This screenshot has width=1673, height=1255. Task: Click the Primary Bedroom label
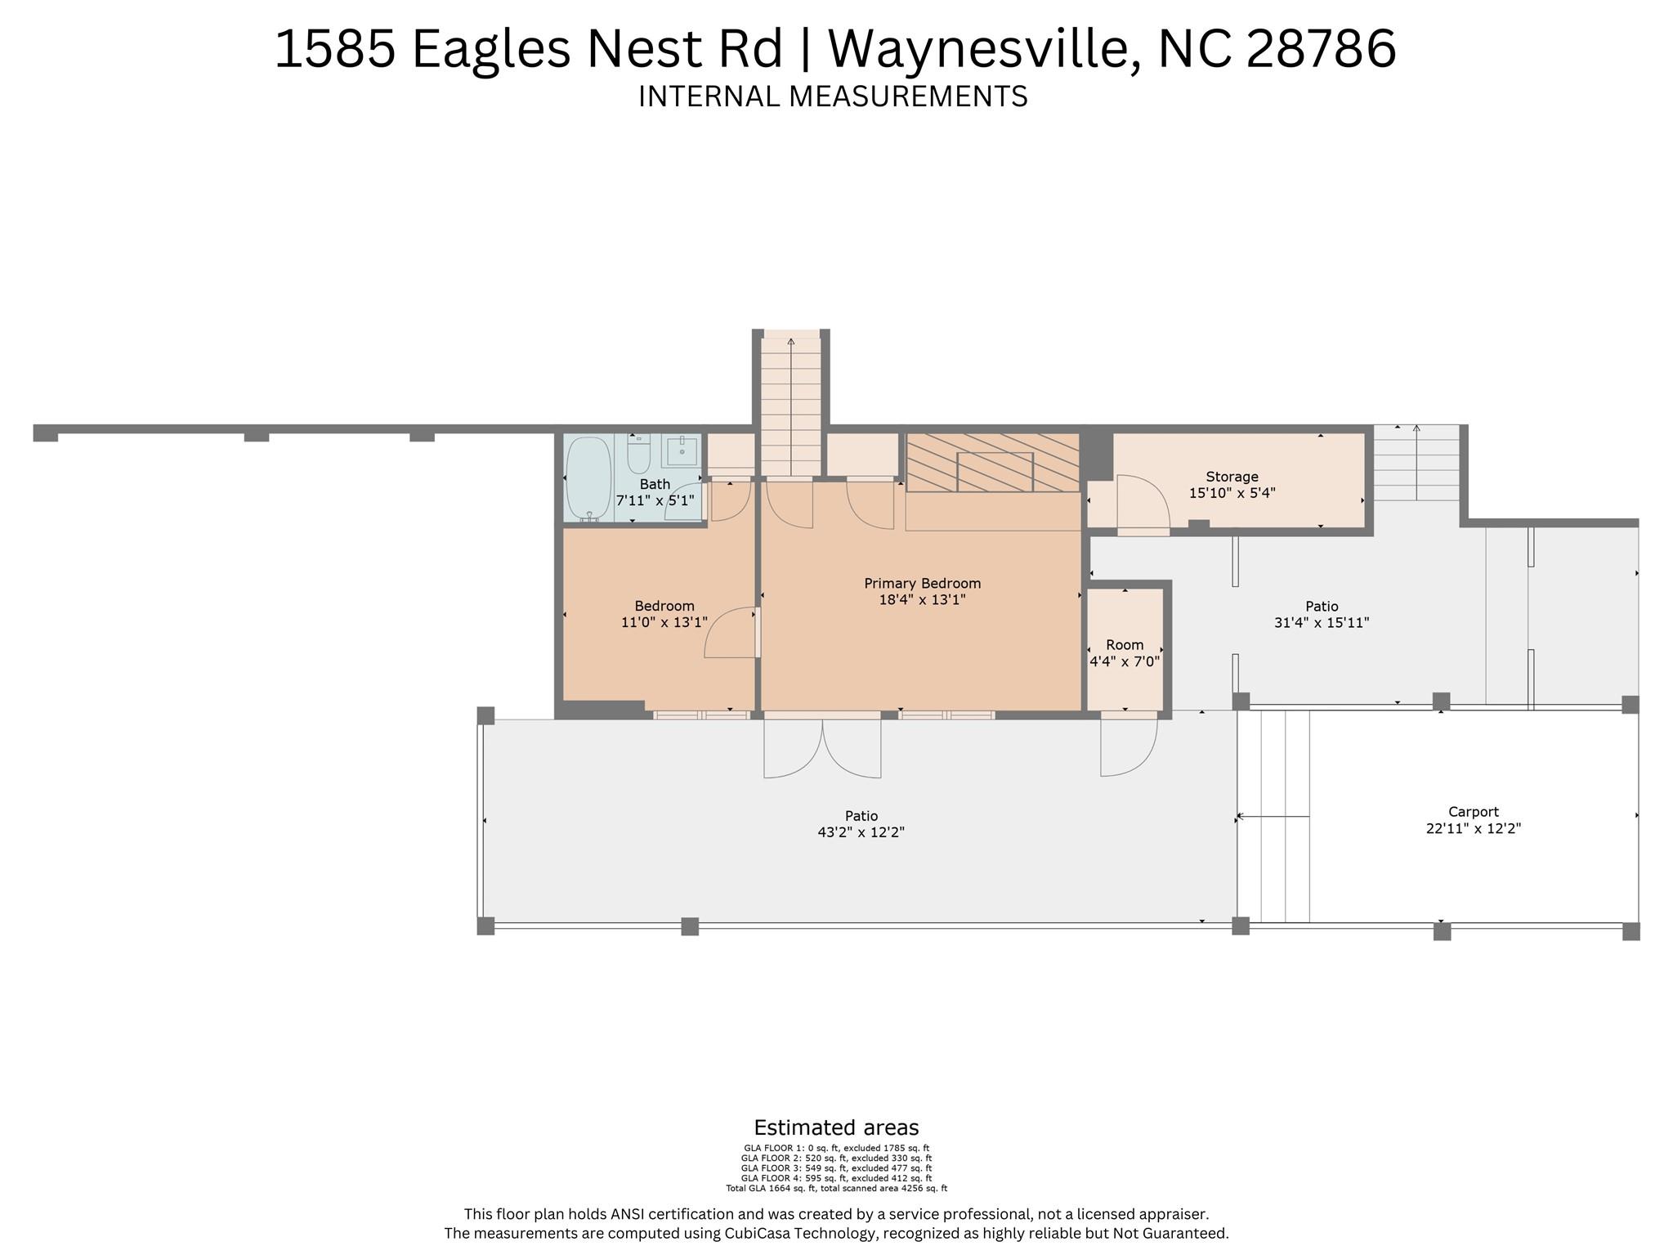pyautogui.click(x=922, y=584)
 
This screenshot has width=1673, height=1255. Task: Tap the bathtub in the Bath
pyautogui.click(x=588, y=478)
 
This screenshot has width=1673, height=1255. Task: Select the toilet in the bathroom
pyautogui.click(x=639, y=454)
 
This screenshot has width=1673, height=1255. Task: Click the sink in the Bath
pyautogui.click(x=682, y=450)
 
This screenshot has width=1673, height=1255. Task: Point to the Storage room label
pyautogui.click(x=1232, y=477)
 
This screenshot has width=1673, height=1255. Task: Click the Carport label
pyautogui.click(x=1474, y=812)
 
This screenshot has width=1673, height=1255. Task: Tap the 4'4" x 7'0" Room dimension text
pyautogui.click(x=1125, y=661)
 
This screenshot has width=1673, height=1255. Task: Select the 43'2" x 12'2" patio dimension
pyautogui.click(x=861, y=832)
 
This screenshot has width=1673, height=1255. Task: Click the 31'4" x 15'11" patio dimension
pyautogui.click(x=1322, y=622)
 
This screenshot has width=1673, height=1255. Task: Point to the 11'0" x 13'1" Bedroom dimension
pyautogui.click(x=664, y=622)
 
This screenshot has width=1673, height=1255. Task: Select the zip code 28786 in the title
pyautogui.click(x=1322, y=48)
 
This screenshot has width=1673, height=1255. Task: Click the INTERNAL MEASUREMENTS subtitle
pyautogui.click(x=833, y=96)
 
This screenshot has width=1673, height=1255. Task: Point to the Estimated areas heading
pyautogui.click(x=836, y=1128)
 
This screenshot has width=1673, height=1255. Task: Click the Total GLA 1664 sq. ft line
pyautogui.click(x=836, y=1189)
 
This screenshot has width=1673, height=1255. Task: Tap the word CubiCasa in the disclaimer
pyautogui.click(x=758, y=1233)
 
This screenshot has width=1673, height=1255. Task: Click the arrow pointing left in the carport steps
pyautogui.click(x=1273, y=816)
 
